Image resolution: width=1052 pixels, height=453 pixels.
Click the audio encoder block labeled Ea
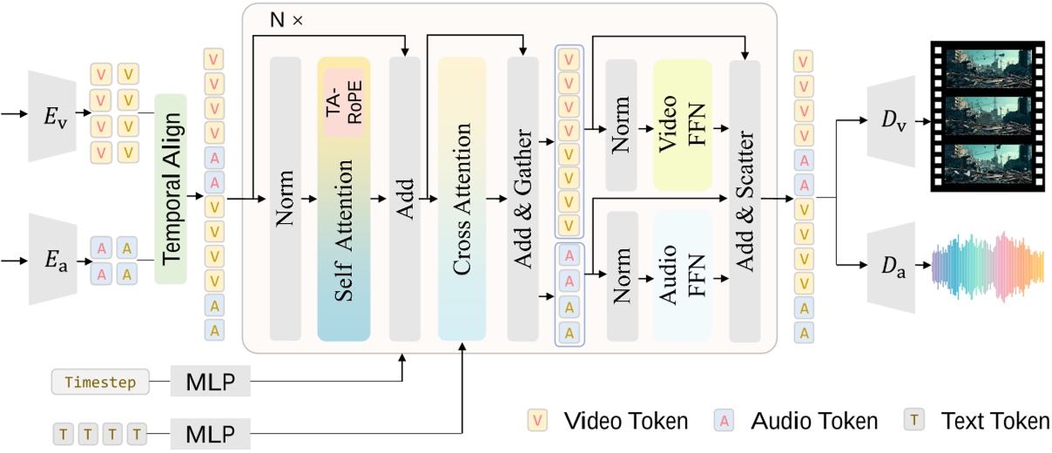point(53,260)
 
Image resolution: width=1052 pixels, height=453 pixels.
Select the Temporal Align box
point(172,188)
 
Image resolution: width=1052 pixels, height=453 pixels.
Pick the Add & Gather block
point(523,199)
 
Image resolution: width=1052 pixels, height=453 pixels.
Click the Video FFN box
point(684,125)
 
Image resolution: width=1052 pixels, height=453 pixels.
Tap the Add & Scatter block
point(745,199)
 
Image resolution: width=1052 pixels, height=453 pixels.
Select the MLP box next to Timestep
point(210,382)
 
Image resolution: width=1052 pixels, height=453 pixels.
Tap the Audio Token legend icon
point(724,422)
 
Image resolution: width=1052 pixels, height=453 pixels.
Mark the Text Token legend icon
point(915,422)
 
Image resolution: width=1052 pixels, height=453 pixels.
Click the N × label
point(285,20)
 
